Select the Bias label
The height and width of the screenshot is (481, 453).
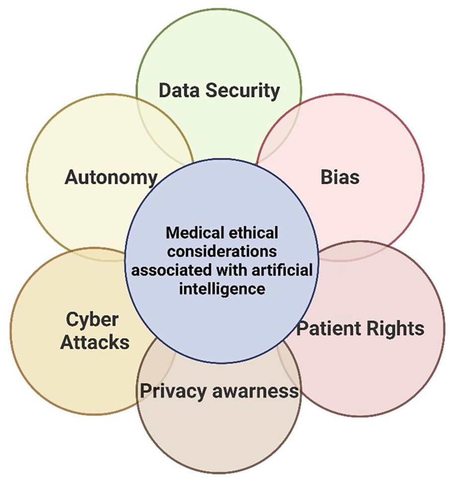tap(340, 177)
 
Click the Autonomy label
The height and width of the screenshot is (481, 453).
tap(111, 177)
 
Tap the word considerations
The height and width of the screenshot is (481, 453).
tap(221, 251)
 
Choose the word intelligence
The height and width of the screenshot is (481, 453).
tap(221, 289)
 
